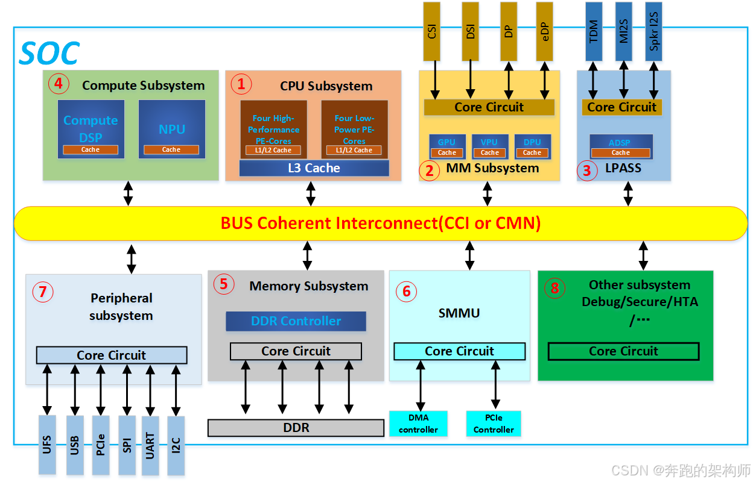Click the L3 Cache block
314,168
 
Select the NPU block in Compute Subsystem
171,129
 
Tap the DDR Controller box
296,321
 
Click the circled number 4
59,84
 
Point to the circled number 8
554,289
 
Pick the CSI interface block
432,31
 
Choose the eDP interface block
545,31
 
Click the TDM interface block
594,31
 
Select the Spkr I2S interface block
654,31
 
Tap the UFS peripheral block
47,445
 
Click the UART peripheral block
150,445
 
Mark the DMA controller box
418,424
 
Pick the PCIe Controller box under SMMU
494,424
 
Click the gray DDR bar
296,428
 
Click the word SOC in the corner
49,54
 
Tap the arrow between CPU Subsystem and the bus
311,193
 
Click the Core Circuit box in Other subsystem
623,351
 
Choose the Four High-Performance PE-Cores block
273,130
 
